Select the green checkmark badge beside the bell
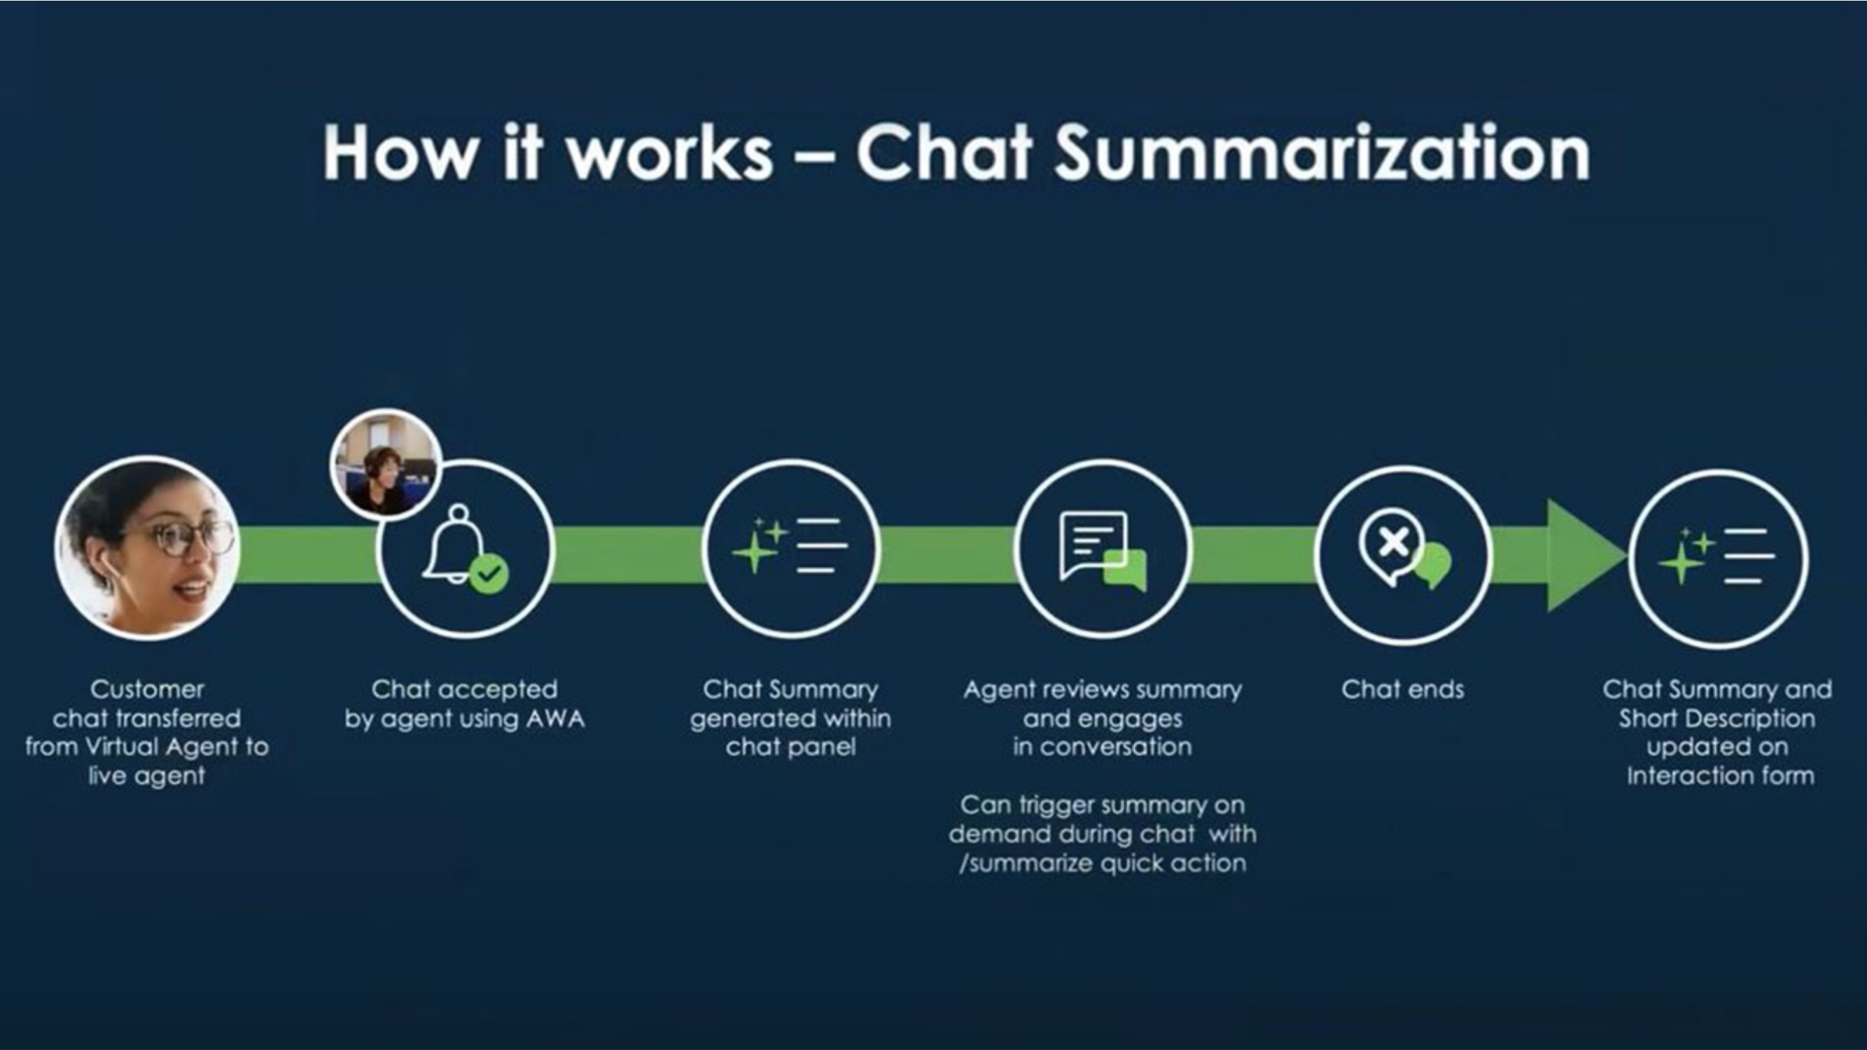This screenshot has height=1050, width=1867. pos(489,574)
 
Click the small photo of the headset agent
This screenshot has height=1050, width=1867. pos(386,465)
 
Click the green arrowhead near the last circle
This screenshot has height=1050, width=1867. pos(1583,554)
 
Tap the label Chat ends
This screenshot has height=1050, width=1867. pos(1401,689)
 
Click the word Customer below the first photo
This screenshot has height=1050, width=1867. pos(147,689)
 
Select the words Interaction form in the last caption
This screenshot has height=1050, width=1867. pos(1720,776)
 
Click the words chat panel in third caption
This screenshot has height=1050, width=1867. pos(790,747)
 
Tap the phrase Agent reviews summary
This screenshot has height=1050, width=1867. pos(1102,689)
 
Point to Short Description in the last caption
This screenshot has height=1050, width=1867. pos(1716,719)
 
